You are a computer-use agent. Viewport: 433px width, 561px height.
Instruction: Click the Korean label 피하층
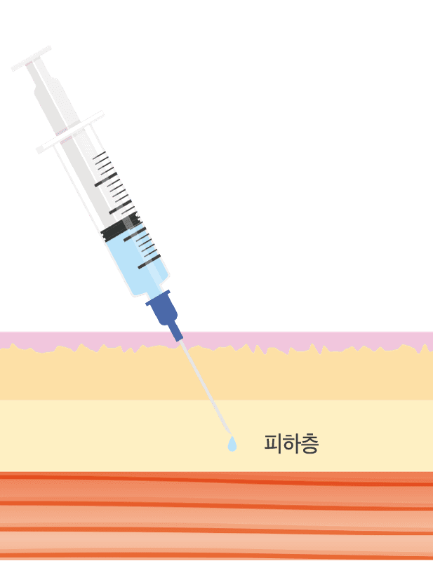[x=291, y=444]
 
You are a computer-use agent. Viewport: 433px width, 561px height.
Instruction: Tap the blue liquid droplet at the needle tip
[x=232, y=444]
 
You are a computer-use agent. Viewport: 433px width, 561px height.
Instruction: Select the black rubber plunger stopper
[x=121, y=226]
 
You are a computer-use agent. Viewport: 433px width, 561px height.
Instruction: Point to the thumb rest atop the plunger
[x=31, y=58]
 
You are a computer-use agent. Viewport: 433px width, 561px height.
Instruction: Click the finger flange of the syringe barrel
[x=70, y=133]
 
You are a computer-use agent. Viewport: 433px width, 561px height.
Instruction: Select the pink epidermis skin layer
[x=216, y=339]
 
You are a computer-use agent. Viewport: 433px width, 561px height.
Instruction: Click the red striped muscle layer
[x=216, y=516]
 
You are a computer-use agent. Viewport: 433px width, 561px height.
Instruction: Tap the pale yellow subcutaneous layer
[x=107, y=435]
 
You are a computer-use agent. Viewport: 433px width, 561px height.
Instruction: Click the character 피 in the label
[x=273, y=444]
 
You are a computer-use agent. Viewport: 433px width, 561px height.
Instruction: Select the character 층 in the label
[x=309, y=444]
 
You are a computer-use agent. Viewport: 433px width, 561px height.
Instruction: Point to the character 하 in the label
[x=291, y=444]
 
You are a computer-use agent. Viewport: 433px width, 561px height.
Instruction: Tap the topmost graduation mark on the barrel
[x=99, y=155]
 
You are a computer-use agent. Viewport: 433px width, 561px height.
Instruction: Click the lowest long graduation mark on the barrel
[x=149, y=262]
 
